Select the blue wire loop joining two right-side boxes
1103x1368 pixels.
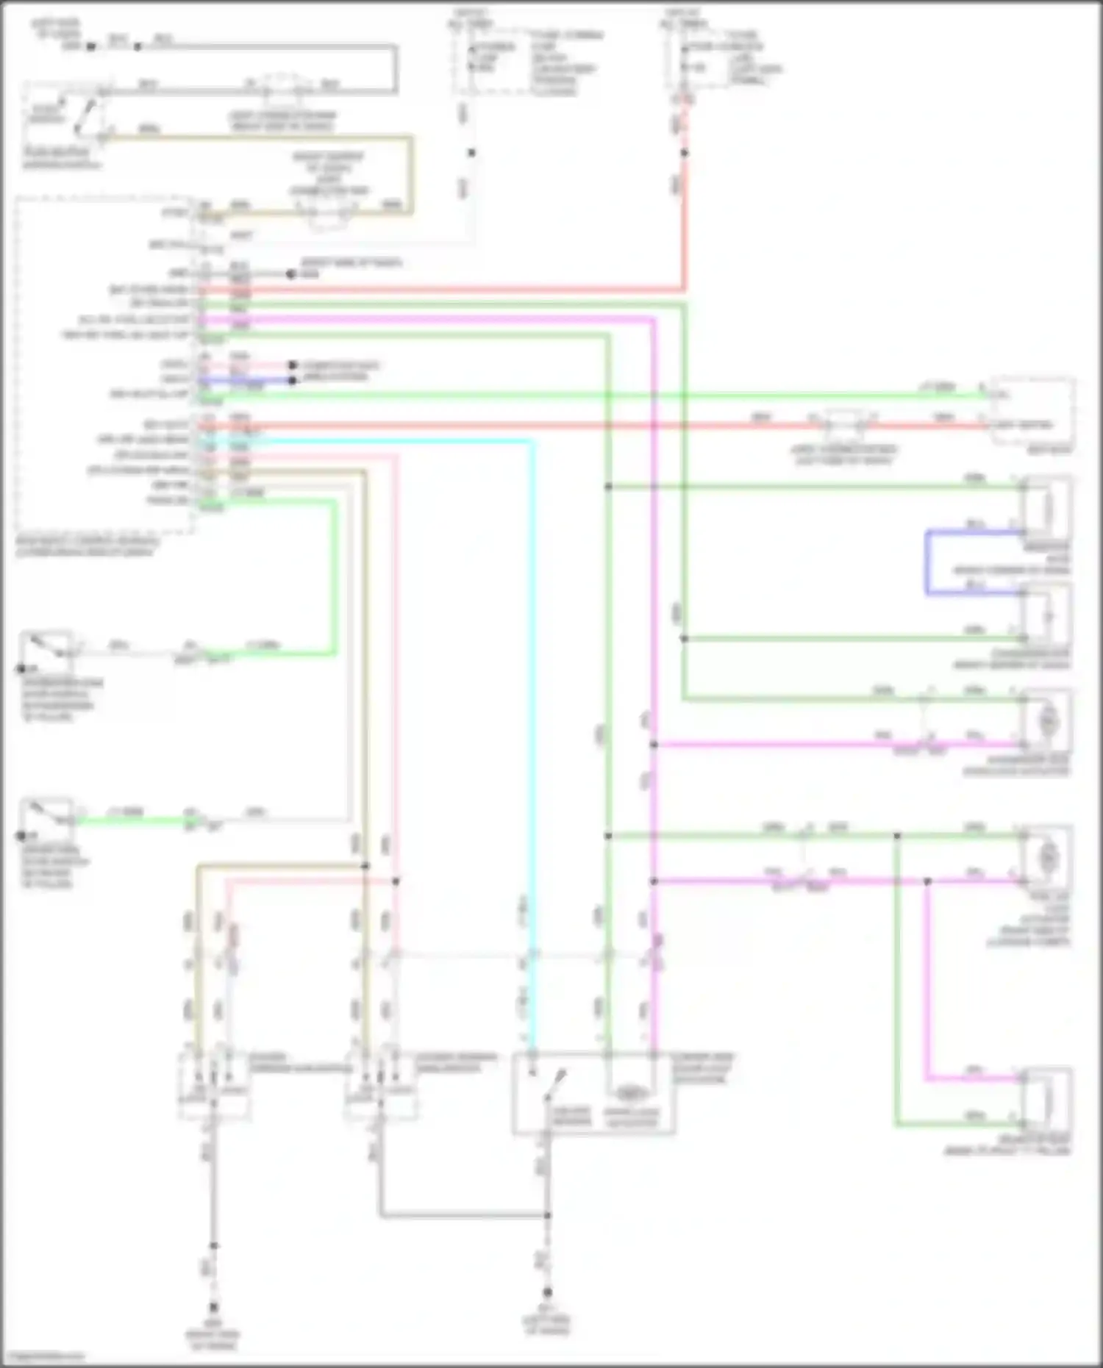coord(927,562)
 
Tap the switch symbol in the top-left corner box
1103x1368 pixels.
coord(84,118)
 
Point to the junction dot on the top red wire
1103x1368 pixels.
coord(685,153)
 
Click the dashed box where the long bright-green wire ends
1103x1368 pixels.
coord(1032,410)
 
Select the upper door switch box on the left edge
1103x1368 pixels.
coord(46,651)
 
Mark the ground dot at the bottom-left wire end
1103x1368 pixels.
coord(214,1306)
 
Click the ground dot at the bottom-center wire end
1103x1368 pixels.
coord(547,1292)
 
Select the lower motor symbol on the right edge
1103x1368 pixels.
coord(1048,857)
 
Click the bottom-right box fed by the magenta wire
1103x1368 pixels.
coord(1048,1099)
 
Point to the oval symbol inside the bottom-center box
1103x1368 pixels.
coord(629,1093)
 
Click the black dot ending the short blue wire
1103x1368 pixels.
coord(293,380)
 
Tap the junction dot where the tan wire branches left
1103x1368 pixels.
coord(365,866)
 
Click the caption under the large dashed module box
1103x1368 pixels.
coord(87,547)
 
